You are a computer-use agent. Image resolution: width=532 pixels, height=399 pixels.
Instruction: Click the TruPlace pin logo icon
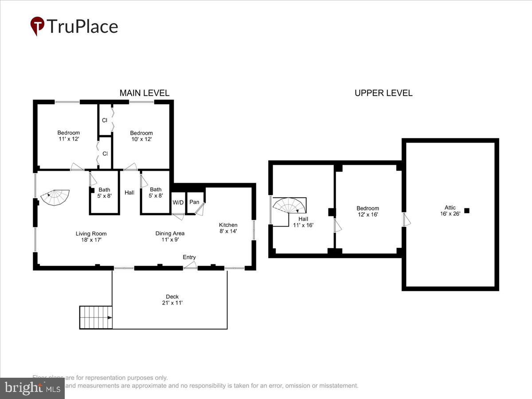[x=37, y=26]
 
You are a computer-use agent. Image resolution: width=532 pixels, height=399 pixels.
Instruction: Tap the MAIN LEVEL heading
[x=144, y=93]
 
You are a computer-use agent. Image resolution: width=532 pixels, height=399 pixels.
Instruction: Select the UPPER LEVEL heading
[x=383, y=93]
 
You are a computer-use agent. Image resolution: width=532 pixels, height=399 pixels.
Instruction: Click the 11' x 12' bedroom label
[x=68, y=136]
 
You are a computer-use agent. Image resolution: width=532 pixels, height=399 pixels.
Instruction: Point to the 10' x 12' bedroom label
[x=141, y=136]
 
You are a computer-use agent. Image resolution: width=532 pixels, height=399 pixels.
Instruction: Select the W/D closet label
[x=178, y=203]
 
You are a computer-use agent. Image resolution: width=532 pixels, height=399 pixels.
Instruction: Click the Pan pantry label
[x=194, y=202]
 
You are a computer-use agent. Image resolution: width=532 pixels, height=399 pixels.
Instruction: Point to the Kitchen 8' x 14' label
[x=228, y=228]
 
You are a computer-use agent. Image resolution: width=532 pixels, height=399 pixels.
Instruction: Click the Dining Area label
[x=170, y=236]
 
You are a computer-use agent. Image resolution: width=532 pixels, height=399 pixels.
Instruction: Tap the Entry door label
[x=189, y=258]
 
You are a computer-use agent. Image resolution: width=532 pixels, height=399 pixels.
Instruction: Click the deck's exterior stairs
[x=96, y=317]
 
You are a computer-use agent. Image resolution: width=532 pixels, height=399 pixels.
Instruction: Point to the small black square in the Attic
[x=466, y=211]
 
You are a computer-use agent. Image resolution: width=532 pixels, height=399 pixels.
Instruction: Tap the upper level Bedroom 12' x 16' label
[x=368, y=211]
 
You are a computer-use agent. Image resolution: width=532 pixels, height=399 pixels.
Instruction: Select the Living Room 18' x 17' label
[x=91, y=237]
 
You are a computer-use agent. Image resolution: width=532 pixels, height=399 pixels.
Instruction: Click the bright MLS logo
[x=32, y=388]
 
